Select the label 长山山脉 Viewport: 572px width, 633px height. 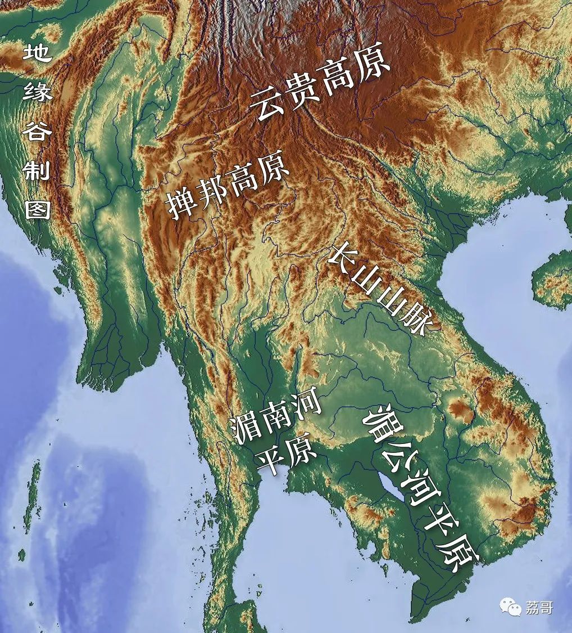(380, 290)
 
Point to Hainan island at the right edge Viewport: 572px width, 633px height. (553, 279)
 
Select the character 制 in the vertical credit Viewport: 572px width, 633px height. (37, 169)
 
